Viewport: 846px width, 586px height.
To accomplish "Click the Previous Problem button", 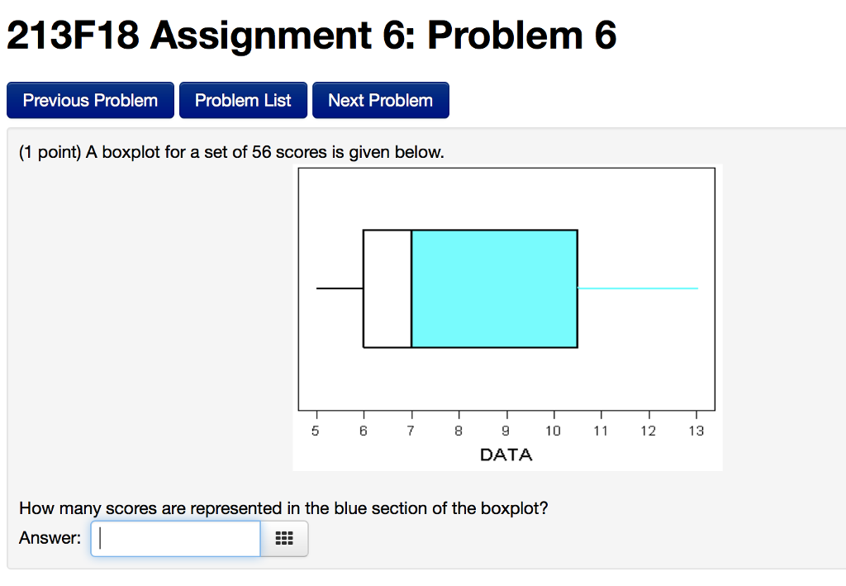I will tap(90, 101).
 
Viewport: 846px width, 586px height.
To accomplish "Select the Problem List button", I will tap(243, 101).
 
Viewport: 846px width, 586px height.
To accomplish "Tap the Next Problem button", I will tap(380, 101).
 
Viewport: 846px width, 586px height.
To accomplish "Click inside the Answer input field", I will tap(175, 538).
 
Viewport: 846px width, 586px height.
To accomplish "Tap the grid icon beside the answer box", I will tap(284, 539).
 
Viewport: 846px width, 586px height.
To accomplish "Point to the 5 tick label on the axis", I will tap(315, 431).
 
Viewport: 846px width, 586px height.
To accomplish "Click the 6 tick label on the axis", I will tap(363, 431).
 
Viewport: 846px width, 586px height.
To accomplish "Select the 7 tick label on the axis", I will tap(411, 431).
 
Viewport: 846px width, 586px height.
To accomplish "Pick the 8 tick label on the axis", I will tap(459, 431).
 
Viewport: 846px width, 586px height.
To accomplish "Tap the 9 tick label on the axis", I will tap(506, 431).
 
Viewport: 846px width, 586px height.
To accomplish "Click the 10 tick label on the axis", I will tap(553, 431).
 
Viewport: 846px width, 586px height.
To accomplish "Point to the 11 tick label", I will tap(601, 431).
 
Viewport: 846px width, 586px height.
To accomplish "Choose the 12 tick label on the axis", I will tap(649, 431).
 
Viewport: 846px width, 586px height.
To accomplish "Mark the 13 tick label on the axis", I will tap(696, 431).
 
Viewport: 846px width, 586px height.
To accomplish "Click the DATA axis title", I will tap(506, 455).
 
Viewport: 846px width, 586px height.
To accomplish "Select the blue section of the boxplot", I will tap(494, 288).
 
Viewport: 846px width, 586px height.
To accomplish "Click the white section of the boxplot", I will tap(387, 288).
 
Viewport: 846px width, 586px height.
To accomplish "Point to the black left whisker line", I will tap(340, 288).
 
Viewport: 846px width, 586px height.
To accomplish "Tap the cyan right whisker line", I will tap(638, 288).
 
